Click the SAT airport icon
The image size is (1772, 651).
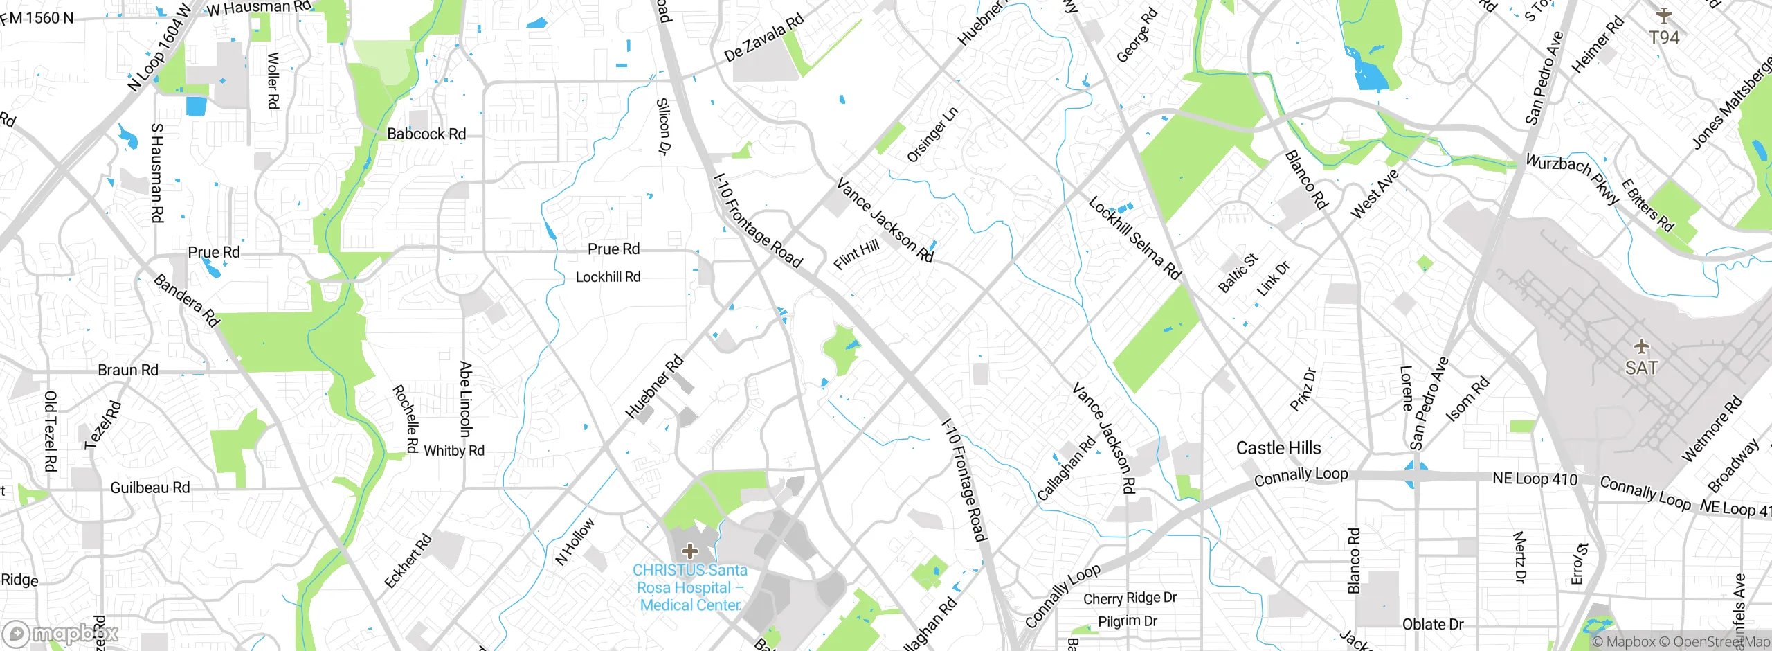tap(1641, 346)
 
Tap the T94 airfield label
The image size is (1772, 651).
tap(1664, 37)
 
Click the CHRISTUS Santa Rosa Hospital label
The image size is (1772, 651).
tap(690, 587)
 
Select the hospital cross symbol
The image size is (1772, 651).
tap(689, 551)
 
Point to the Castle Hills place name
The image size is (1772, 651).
tap(1278, 448)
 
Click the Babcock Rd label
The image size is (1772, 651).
tap(426, 134)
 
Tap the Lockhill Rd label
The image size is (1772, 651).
tap(608, 277)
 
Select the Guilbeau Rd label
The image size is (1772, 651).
tap(150, 488)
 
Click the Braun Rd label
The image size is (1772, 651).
tap(128, 370)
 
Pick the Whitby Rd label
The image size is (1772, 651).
tap(454, 451)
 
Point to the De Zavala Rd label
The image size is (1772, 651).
tap(763, 37)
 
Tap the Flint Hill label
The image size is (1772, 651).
tap(856, 254)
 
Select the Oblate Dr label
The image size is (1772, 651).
tap(1433, 624)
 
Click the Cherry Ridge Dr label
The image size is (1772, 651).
tap(1130, 598)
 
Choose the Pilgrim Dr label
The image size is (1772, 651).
tap(1128, 621)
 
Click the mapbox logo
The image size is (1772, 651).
tap(61, 634)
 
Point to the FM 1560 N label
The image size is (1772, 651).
tap(37, 18)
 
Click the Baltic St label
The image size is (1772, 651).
tap(1237, 273)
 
